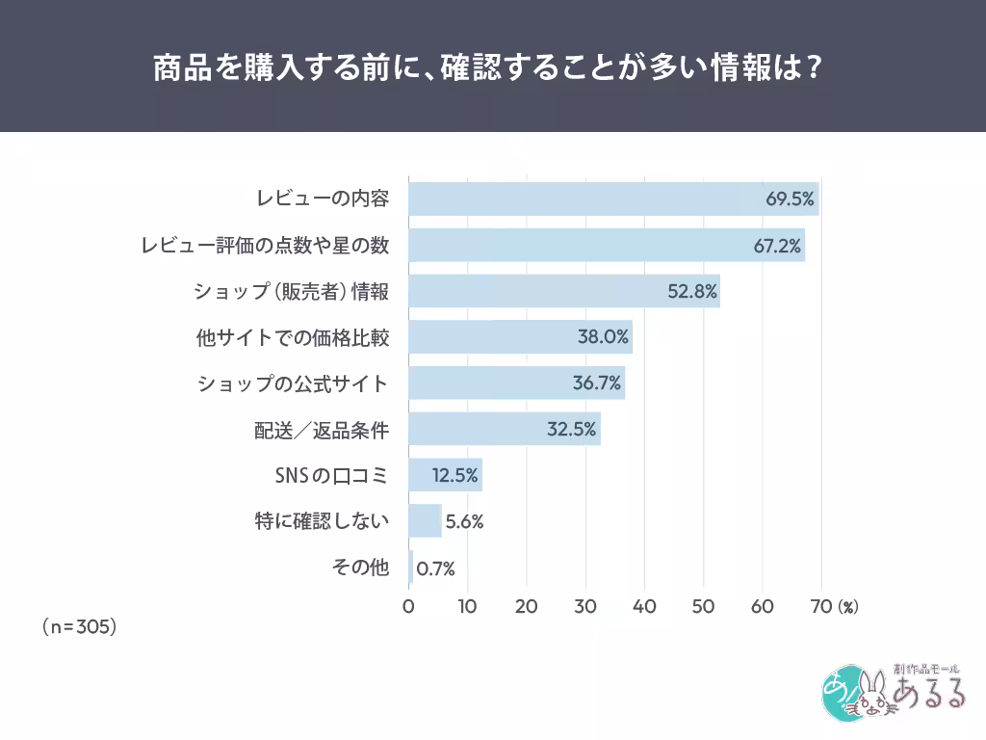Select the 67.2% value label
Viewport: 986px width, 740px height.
point(777,246)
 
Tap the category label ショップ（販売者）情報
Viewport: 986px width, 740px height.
point(292,291)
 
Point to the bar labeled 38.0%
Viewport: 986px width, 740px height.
point(520,337)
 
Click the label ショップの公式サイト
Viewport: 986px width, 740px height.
point(293,383)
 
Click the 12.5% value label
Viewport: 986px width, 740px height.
point(455,475)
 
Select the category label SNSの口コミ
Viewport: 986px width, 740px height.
point(332,475)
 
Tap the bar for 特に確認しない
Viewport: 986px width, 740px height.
point(425,521)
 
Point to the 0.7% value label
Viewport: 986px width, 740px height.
point(435,568)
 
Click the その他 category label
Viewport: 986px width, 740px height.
point(360,568)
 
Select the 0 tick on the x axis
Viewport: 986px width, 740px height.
point(408,607)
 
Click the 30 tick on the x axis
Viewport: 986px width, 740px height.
point(585,607)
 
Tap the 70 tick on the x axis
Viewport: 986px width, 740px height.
point(821,607)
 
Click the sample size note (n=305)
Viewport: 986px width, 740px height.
point(79,626)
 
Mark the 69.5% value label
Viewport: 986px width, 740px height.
point(791,199)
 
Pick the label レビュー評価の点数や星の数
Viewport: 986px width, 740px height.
point(265,246)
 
